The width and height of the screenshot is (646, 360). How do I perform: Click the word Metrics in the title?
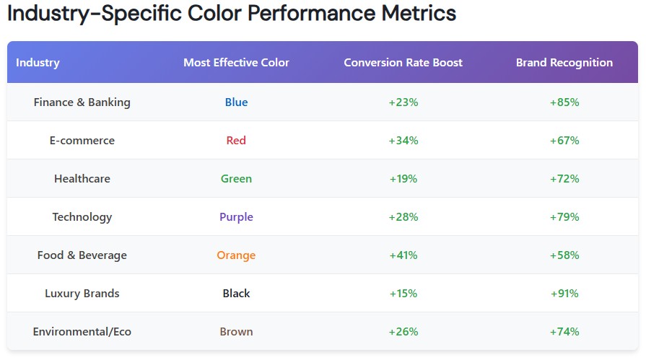pos(416,14)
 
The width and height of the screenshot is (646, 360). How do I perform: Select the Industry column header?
pos(38,63)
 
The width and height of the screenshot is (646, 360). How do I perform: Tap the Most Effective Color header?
pos(236,63)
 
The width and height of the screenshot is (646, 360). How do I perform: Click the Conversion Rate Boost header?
pos(403,63)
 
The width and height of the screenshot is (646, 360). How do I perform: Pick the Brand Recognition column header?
pos(564,63)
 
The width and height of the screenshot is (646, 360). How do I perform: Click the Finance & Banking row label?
pos(82,102)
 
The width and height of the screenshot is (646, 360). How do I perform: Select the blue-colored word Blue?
pos(236,102)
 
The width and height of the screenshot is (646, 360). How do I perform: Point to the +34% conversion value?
pos(403,141)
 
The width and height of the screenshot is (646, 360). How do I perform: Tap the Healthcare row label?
pos(82,179)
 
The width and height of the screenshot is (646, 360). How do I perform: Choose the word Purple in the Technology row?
pos(236,217)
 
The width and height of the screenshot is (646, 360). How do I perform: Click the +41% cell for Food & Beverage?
pos(403,255)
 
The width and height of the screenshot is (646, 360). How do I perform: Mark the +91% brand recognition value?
pos(564,294)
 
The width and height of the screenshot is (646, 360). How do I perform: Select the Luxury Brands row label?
pos(82,294)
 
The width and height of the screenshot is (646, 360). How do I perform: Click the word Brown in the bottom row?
pos(236,332)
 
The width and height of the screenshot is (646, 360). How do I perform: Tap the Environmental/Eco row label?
pos(82,332)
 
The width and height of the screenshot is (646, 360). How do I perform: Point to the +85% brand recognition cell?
pos(564,102)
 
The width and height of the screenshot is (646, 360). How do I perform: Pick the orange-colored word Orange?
pos(236,255)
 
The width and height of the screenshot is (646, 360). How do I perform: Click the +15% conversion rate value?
pos(403,294)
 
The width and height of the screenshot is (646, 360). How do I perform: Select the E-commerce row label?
pos(82,141)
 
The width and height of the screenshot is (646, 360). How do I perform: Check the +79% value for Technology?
pos(564,217)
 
